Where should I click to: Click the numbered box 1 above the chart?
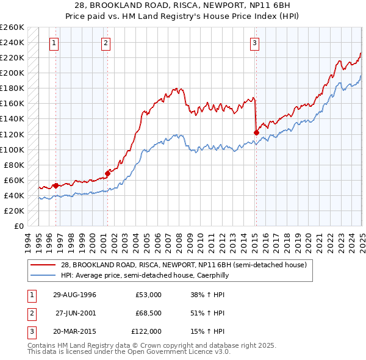[x=55, y=43]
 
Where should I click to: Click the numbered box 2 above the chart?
[x=106, y=43]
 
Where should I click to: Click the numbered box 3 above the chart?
[x=254, y=43]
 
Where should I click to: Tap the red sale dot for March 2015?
[x=256, y=132]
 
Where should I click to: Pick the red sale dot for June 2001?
[x=107, y=173]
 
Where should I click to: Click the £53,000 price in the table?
[x=148, y=295]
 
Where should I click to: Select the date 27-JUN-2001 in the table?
[x=76, y=313]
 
